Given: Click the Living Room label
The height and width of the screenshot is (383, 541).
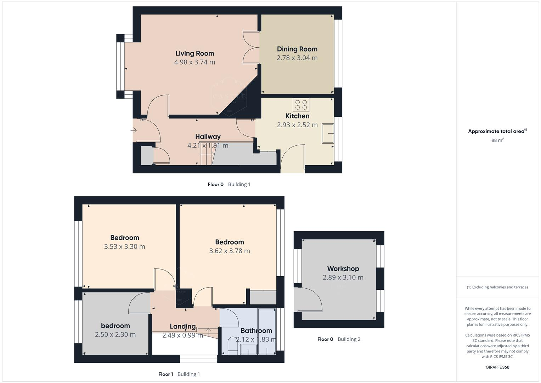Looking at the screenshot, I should tap(195, 53).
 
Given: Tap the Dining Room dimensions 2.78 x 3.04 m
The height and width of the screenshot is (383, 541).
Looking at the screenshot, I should tap(297, 58).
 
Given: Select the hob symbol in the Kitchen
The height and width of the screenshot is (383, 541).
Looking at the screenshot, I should tap(301, 105).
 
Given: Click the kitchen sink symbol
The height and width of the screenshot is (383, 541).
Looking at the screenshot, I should tap(328, 133).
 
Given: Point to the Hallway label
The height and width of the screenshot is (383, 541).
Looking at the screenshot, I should tap(208, 137).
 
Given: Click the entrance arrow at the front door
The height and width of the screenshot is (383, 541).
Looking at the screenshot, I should tap(134, 131).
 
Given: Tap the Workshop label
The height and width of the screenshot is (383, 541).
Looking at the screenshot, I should tap(343, 269).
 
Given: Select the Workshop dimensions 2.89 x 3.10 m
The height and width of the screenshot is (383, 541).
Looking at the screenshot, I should tap(343, 277).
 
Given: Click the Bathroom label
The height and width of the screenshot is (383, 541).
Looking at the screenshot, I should tap(256, 331).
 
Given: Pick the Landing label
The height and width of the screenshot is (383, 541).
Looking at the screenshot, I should tap(182, 326).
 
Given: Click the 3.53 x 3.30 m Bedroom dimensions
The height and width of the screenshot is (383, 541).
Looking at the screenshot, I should tap(124, 246).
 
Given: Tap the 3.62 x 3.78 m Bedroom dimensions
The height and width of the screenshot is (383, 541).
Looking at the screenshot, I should tap(229, 251).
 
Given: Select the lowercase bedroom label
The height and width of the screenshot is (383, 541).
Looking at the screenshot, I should tap(115, 326).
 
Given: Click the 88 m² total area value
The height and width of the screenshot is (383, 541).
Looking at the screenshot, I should tap(497, 140).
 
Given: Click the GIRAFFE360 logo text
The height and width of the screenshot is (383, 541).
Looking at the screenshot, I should tap(497, 367).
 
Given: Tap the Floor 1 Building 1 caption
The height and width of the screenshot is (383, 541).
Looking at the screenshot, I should tap(179, 374).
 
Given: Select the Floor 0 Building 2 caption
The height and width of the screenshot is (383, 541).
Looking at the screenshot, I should tap(339, 339).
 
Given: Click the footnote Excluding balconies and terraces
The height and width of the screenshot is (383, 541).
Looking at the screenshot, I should tap(497, 287).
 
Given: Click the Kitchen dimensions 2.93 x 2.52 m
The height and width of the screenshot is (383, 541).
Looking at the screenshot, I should tap(297, 125).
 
